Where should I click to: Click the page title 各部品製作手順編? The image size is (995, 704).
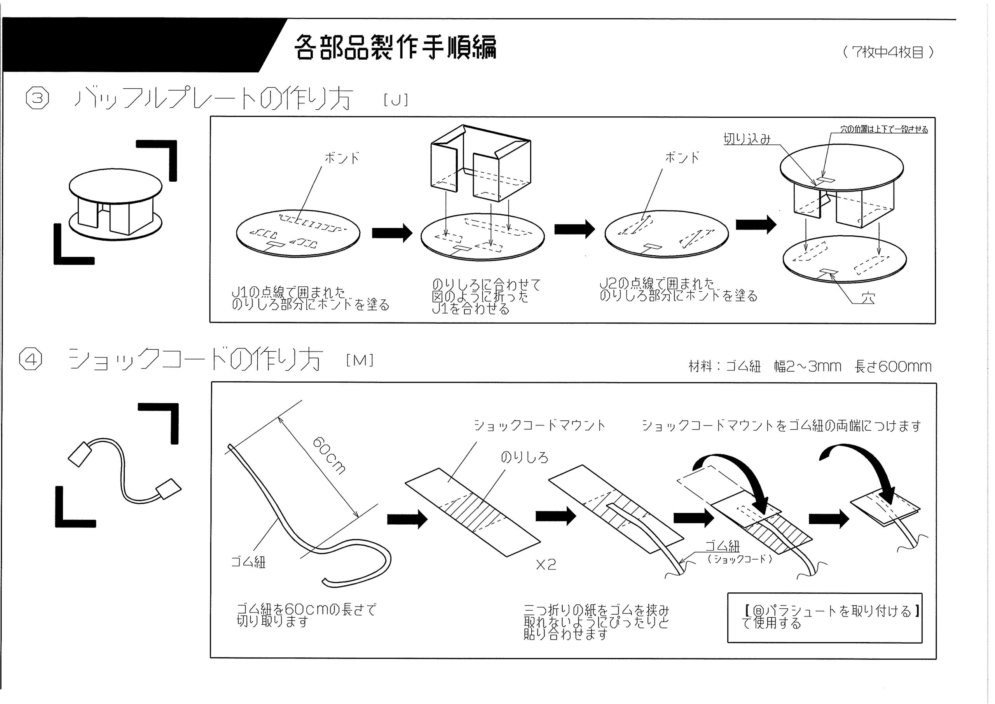click(x=395, y=46)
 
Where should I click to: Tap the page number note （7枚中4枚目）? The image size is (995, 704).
click(x=889, y=53)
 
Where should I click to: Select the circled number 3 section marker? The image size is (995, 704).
click(x=38, y=98)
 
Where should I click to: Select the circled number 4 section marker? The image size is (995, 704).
click(x=31, y=360)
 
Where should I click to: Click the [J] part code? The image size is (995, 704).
click(x=396, y=100)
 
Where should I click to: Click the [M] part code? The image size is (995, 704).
click(x=360, y=360)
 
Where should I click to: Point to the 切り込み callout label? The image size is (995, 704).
click(x=747, y=139)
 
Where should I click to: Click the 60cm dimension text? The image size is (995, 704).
click(x=329, y=455)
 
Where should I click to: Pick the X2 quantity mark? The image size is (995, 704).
click(x=546, y=564)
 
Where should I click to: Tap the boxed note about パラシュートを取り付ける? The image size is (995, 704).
click(x=824, y=618)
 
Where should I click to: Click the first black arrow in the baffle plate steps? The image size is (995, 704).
click(x=392, y=233)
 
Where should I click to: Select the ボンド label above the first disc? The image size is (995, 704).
click(x=342, y=158)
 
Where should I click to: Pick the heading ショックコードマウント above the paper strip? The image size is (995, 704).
click(x=539, y=425)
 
